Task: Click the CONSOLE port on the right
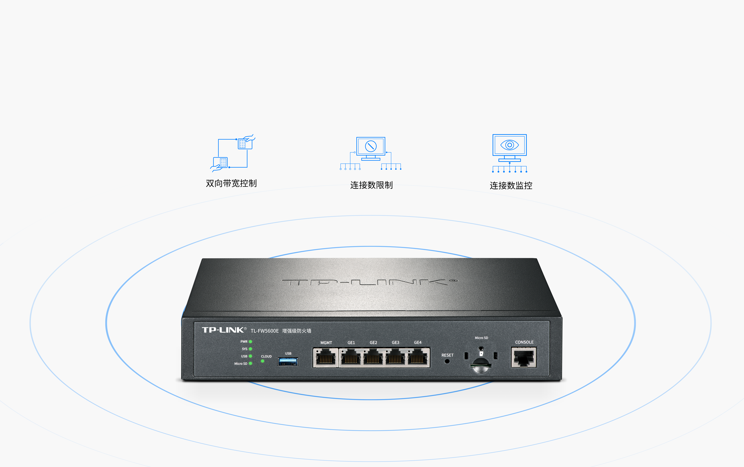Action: tap(524, 357)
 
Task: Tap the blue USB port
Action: tap(288, 361)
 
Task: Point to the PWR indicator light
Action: tap(250, 342)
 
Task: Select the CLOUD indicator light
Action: tap(263, 361)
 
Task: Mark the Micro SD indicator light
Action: tap(250, 364)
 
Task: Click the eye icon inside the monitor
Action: tap(510, 145)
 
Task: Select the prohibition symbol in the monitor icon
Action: tap(371, 146)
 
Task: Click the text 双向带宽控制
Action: tap(231, 184)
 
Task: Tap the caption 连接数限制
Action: tap(371, 185)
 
